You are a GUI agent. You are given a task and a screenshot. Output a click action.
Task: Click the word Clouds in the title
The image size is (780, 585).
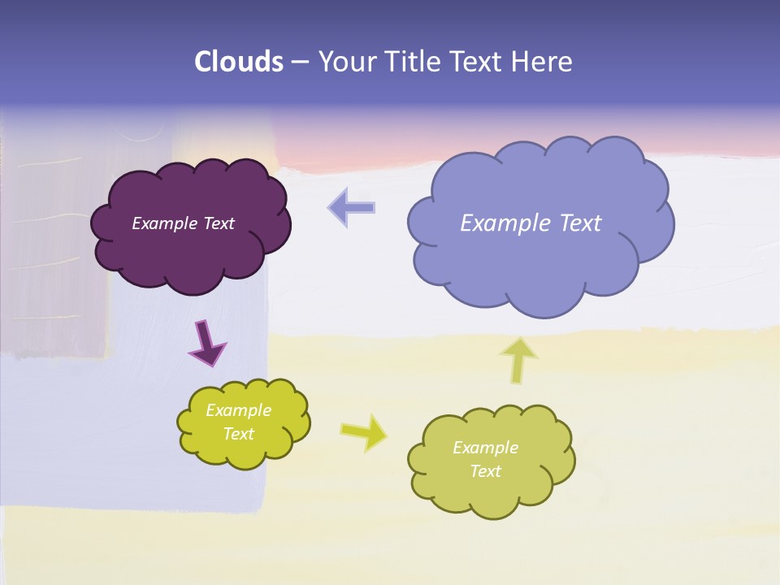(x=238, y=62)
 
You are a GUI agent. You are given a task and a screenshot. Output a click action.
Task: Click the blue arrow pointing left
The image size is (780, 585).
(x=352, y=207)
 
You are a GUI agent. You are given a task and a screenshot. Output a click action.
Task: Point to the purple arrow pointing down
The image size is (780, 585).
(x=206, y=342)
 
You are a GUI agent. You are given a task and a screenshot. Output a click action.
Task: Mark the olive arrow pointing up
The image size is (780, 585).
(x=520, y=359)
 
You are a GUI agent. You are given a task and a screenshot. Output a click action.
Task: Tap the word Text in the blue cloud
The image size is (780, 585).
(x=580, y=223)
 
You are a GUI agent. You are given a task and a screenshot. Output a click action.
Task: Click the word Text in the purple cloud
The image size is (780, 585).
(x=219, y=223)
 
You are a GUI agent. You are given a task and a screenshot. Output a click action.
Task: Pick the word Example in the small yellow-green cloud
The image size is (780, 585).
(x=238, y=411)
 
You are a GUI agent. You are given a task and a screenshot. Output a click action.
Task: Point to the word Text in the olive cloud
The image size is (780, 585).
(x=485, y=471)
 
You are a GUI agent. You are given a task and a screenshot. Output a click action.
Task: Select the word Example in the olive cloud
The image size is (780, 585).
(x=485, y=448)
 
